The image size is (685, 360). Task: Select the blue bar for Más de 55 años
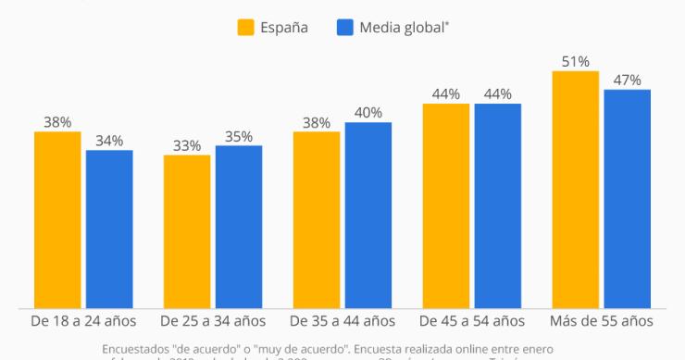coord(628,199)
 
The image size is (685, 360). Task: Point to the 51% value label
coord(575,61)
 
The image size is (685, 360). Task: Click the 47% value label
coord(627,80)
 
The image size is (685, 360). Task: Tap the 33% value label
coord(187,145)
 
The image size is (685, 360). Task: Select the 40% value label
coord(367,113)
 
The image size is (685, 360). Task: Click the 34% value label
coord(109,141)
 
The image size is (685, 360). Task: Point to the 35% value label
coord(238,136)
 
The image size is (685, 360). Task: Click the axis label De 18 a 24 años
coord(83,321)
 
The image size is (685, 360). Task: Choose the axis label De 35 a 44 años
coord(342,321)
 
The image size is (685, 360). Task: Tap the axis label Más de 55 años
coord(602,321)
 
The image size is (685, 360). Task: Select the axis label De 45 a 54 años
coord(472,321)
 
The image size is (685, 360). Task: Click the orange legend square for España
coord(246,27)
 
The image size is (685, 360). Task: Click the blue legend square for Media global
coord(345,27)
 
